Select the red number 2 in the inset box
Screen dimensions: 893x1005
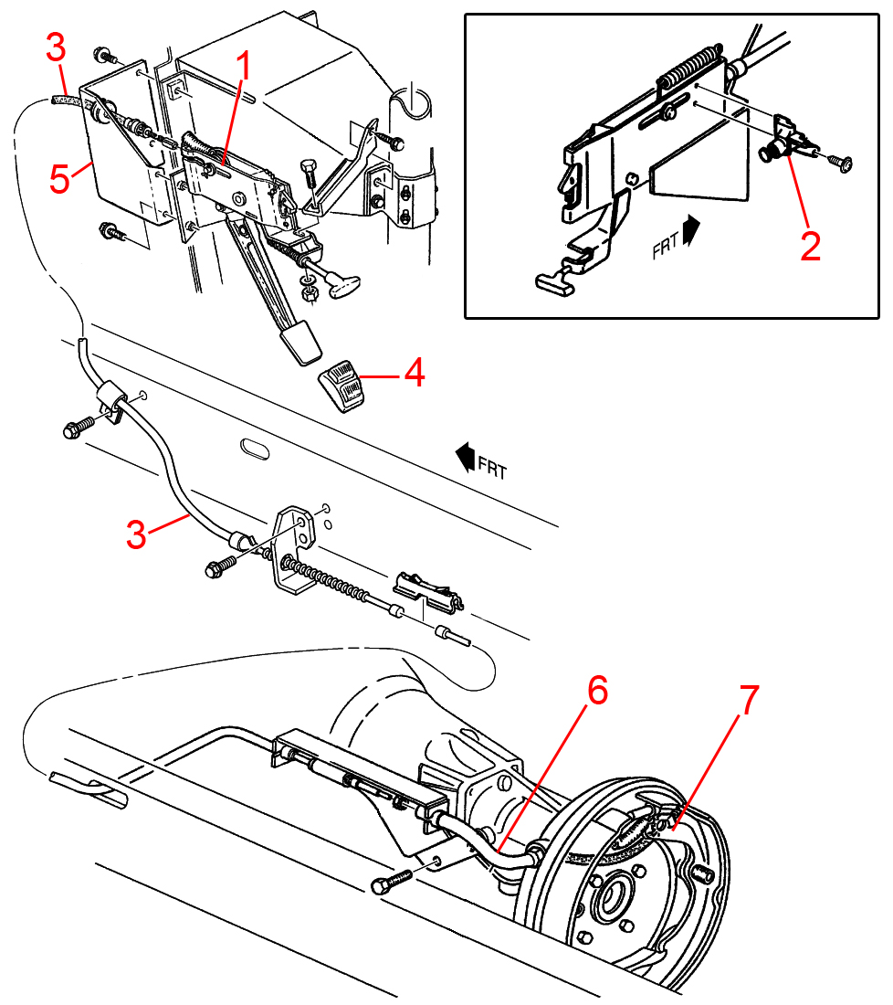coord(810,246)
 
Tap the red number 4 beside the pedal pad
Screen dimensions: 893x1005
coord(415,373)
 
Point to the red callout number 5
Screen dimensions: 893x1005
coord(59,179)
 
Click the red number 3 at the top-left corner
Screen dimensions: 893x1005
coord(56,48)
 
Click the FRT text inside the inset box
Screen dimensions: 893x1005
coord(665,246)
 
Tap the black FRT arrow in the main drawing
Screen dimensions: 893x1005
coord(465,456)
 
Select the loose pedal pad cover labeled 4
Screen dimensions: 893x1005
coord(341,386)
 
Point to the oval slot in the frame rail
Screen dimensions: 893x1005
coord(255,449)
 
